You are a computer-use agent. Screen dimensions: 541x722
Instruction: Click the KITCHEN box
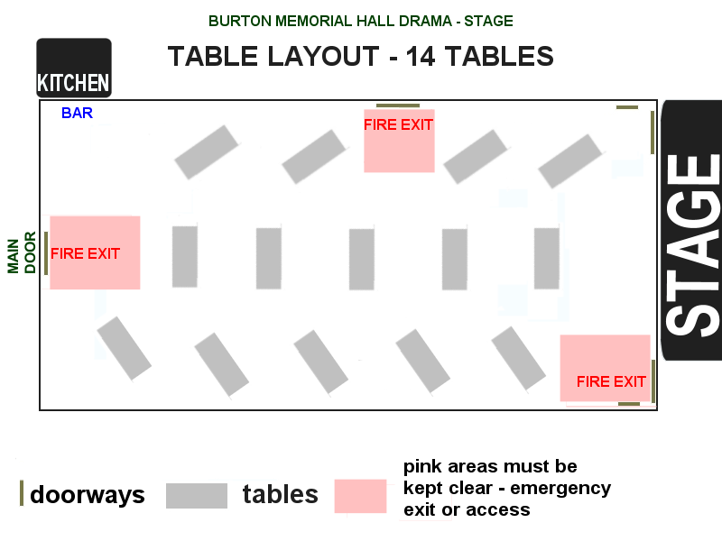point(74,69)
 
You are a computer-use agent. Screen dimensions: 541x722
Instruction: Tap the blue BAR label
point(77,114)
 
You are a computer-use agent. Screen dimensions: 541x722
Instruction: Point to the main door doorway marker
point(45,252)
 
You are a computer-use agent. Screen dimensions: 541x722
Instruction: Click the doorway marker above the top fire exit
point(398,105)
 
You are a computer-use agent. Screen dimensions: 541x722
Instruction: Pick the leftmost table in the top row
point(207,151)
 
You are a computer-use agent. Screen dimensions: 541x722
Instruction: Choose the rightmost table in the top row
point(570,160)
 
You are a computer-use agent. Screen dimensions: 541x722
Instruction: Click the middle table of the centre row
point(362,260)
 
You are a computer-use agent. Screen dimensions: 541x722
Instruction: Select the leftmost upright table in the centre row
point(185,256)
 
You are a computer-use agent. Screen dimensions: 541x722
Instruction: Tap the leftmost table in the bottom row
point(124,348)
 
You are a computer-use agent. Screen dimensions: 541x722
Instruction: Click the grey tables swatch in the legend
point(197,495)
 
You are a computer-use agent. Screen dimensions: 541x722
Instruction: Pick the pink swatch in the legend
point(361,495)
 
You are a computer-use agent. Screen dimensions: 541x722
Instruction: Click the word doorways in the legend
point(88,495)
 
